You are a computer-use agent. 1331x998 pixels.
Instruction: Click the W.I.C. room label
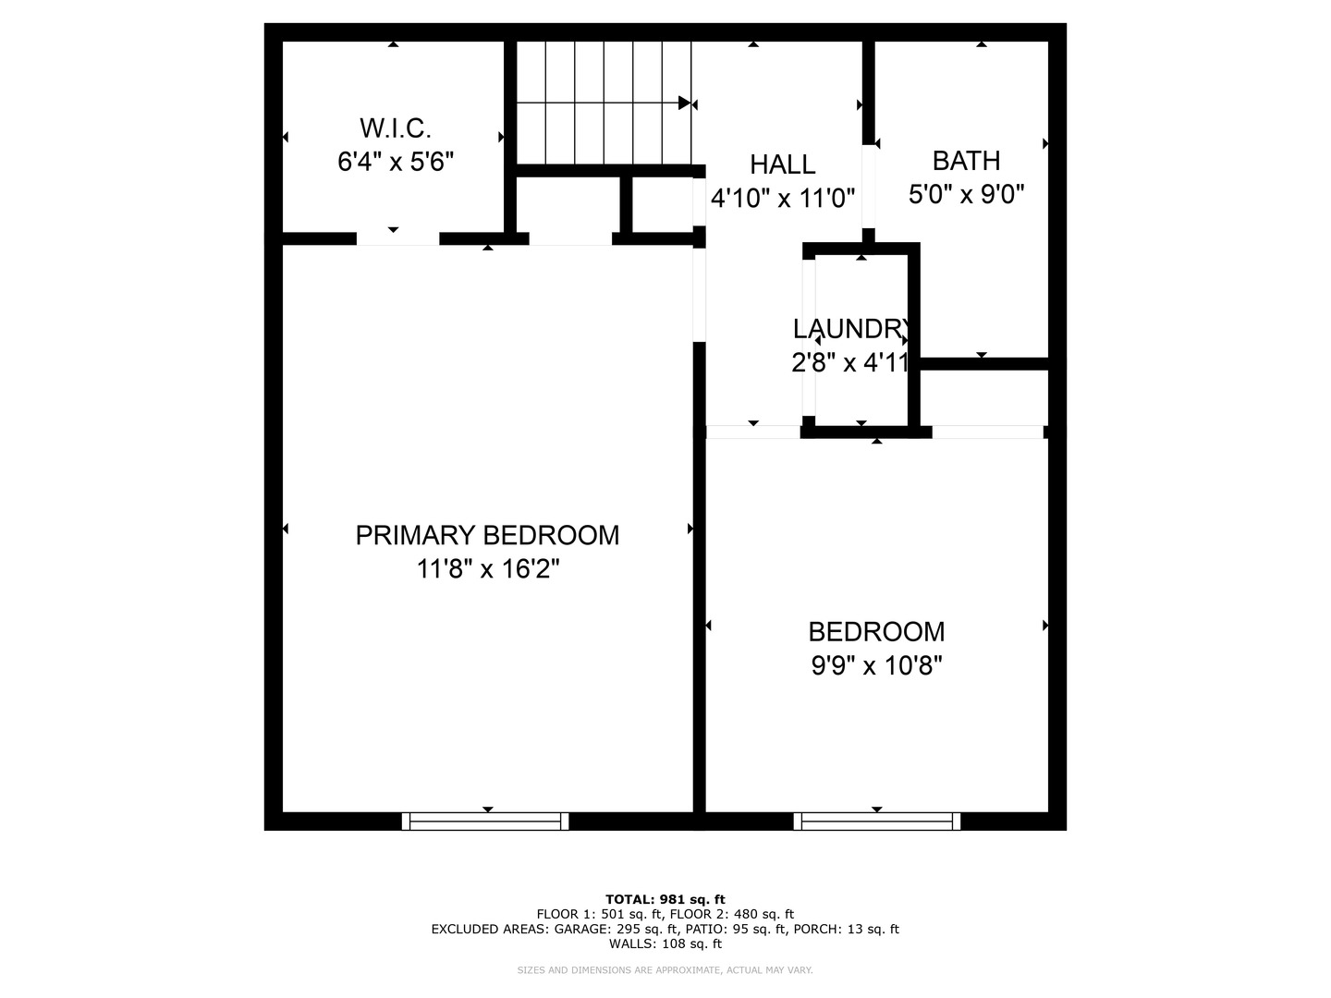[395, 128]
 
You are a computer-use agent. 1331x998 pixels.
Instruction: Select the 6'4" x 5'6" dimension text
[395, 163]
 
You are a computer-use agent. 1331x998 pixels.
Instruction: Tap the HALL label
[782, 164]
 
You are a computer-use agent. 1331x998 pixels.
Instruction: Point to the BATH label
[966, 161]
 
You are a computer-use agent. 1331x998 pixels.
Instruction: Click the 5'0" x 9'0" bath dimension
[966, 195]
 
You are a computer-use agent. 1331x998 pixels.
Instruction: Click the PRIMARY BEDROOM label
[487, 535]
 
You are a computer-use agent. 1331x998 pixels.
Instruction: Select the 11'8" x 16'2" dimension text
[487, 569]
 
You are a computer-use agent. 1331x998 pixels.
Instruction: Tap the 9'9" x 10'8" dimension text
[876, 665]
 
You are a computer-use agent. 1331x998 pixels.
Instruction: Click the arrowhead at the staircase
[684, 103]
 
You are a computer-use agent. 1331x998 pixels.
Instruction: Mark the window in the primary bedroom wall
[485, 821]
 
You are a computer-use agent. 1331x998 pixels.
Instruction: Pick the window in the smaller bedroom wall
[876, 821]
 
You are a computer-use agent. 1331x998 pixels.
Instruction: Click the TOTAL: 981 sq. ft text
[665, 899]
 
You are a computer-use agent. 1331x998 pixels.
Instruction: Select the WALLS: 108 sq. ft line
[665, 944]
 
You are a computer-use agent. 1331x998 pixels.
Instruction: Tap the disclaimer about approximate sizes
[665, 970]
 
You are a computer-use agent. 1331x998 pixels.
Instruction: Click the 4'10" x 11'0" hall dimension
[782, 198]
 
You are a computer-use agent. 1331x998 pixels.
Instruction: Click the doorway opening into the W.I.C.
[397, 238]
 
